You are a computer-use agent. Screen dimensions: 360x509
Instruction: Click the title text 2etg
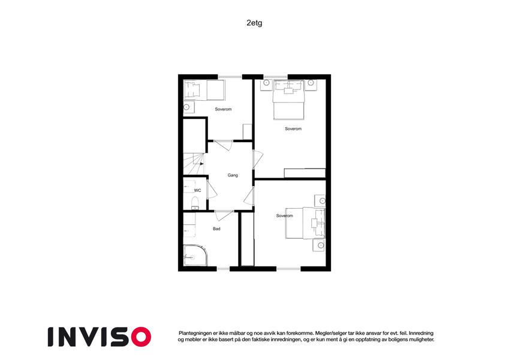(x=254, y=23)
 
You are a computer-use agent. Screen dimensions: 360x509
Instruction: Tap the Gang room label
(x=233, y=175)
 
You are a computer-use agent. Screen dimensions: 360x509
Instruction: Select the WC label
(x=197, y=190)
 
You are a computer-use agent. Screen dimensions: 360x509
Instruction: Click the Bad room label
(x=216, y=229)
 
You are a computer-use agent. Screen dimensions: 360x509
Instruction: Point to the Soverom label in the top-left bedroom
(x=223, y=109)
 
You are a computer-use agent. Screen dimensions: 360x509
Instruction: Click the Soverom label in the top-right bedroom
(x=293, y=128)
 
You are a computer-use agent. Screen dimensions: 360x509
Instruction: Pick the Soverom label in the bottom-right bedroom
(x=284, y=215)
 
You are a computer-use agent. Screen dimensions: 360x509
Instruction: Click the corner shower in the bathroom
(x=194, y=256)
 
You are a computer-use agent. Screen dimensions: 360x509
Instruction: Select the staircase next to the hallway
(x=194, y=161)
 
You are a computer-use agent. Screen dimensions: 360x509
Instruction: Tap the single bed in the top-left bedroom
(x=203, y=91)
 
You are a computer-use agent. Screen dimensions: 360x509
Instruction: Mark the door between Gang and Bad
(x=224, y=214)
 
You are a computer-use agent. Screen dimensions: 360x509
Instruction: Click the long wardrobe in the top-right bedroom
(x=305, y=173)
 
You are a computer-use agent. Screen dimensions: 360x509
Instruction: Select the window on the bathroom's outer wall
(x=223, y=268)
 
